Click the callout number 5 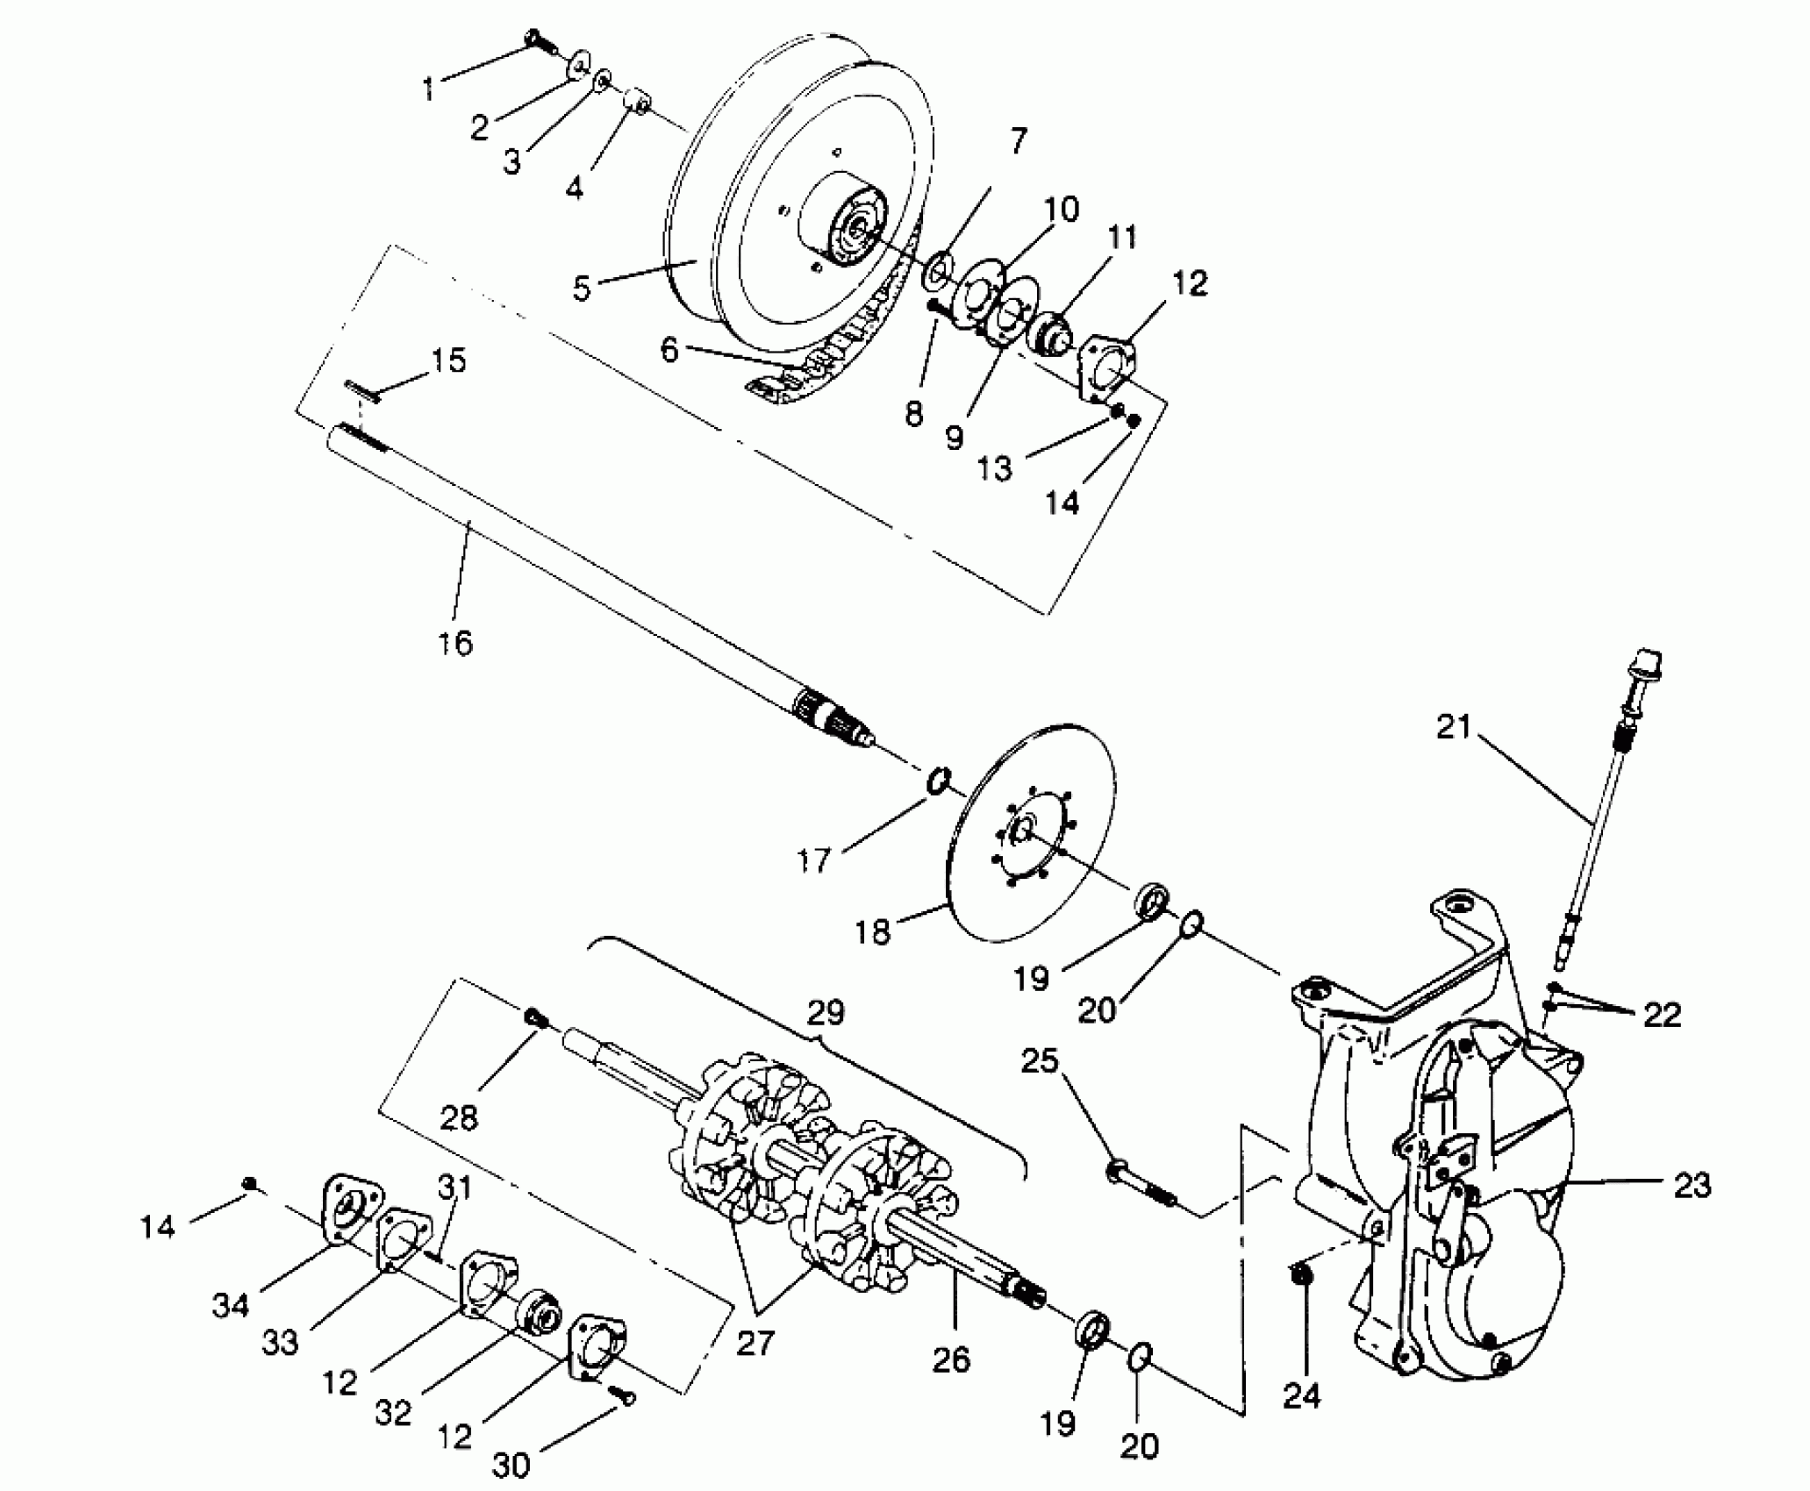[x=582, y=289]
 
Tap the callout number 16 [x=454, y=643]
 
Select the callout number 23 [x=1692, y=1186]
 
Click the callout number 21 [x=1453, y=727]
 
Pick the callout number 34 [x=231, y=1305]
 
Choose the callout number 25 [x=1040, y=1062]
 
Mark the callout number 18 [x=873, y=931]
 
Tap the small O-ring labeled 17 [x=938, y=779]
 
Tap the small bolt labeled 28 [x=536, y=1017]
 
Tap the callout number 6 [x=669, y=349]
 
